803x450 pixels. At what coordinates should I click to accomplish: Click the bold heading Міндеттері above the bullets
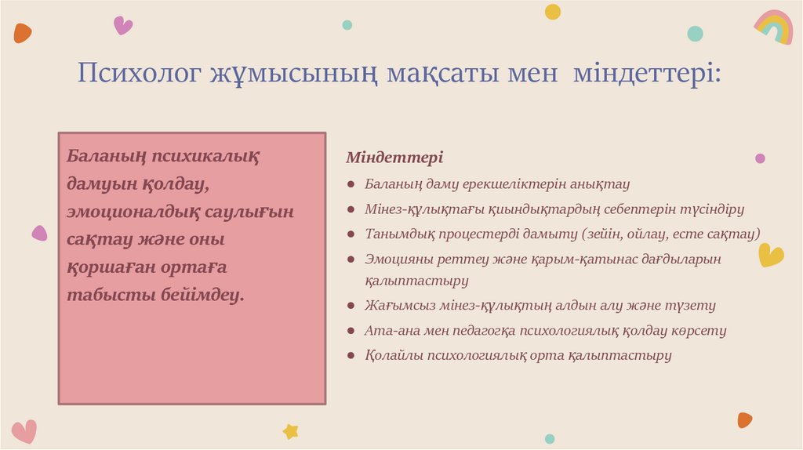[394, 158]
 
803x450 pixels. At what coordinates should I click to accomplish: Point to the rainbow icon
[773, 27]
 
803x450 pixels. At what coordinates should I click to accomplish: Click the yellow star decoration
[290, 430]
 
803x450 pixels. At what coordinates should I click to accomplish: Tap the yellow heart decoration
[770, 255]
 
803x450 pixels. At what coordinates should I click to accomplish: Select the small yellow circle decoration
[553, 12]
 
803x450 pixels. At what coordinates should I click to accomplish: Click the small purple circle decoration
[760, 158]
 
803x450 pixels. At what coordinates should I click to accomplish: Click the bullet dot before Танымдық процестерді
[352, 234]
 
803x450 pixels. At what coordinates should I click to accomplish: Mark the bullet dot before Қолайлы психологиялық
[352, 356]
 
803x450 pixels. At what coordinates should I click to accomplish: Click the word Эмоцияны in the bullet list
[396, 259]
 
